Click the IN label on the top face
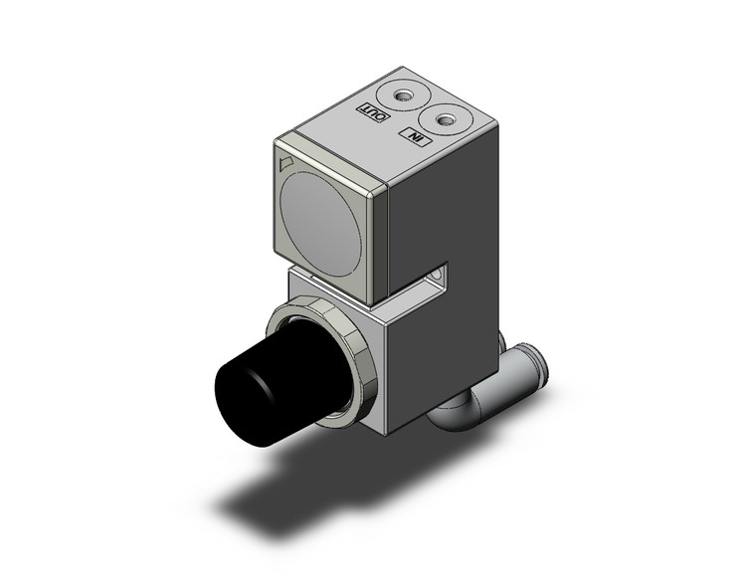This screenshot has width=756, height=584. tap(412, 137)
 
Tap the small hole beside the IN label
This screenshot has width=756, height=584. tap(447, 121)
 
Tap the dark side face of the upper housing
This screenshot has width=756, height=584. tap(443, 209)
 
